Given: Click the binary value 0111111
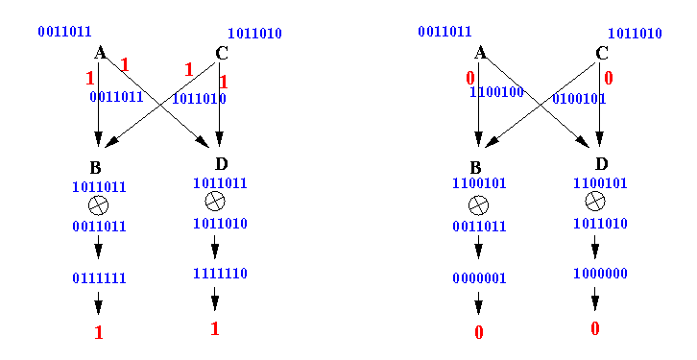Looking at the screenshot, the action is pos(99,278).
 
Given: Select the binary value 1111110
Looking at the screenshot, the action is pos(220,273).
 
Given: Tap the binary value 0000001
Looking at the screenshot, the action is pos(479,278).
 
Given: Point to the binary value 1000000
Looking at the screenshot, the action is pos(600,273).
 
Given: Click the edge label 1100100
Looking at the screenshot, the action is pos(496,92).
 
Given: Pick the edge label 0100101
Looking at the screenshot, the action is pos(579,98).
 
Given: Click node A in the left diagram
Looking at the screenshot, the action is pos(100,53).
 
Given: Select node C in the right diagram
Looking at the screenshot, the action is pos(601,54).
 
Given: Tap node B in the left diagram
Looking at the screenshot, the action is pos(96,168).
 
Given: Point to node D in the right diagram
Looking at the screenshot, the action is pos(601,164).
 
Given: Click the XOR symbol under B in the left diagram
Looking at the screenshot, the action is pos(98,205).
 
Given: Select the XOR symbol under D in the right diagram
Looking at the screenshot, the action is pos(595,202).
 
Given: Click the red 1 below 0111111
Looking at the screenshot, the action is pos(99,332).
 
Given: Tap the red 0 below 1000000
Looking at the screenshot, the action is pos(595,329).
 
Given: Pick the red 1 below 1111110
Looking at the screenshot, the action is pos(215,329).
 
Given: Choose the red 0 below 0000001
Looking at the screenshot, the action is pos(479,332).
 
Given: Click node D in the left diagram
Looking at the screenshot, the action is pos(222,164).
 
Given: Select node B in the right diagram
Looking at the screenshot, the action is pos(475,168).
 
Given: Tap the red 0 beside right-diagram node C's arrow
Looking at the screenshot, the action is pos(609,78).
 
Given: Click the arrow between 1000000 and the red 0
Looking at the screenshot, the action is pos(595,299).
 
